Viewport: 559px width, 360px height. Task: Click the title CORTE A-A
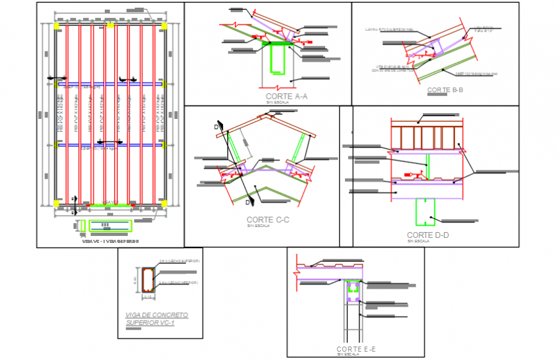coord(287,96)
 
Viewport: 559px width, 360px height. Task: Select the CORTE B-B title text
coord(445,90)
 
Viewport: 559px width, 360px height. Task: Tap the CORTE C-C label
coord(268,219)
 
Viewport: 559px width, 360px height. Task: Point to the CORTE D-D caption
coord(427,235)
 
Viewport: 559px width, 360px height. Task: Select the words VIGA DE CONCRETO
coord(157,315)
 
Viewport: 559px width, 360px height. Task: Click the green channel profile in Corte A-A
coord(278,58)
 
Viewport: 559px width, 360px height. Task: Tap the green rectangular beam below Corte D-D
coord(426,212)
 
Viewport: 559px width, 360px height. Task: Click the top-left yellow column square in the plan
coord(57,26)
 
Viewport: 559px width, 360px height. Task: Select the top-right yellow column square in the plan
coord(164,26)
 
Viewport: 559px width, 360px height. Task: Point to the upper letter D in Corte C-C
coord(217,127)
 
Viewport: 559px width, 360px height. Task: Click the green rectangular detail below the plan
coord(110,225)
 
